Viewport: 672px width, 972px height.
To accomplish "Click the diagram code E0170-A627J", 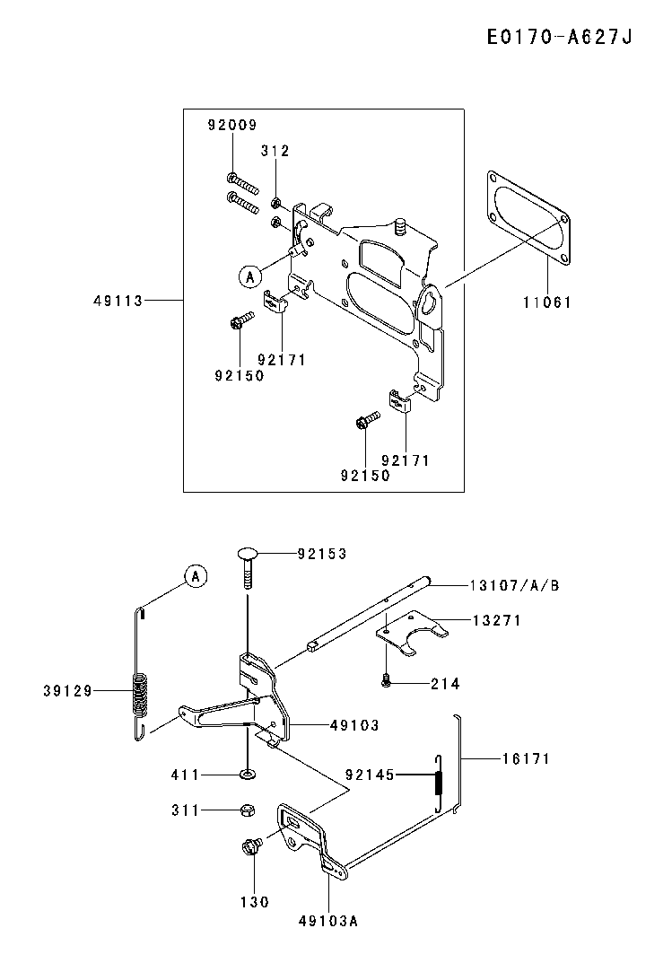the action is point(559,37).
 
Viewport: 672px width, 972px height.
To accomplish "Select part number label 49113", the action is point(118,301).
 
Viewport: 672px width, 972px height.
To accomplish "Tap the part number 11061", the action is point(546,302).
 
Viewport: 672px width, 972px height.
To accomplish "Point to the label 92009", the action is point(231,126).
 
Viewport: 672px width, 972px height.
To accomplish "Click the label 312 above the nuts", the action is point(275,151).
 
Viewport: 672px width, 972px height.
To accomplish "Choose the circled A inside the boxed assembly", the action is point(249,276).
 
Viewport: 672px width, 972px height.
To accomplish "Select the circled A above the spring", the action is point(196,576).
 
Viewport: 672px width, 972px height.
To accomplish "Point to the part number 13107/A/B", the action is point(514,586).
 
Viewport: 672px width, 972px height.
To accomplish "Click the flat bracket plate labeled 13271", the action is point(412,633).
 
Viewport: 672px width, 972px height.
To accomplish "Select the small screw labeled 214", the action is point(386,682).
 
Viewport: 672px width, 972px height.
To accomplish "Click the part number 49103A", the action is point(328,921).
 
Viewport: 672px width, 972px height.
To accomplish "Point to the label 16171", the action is point(526,758).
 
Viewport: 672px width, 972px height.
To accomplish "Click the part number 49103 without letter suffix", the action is point(354,725).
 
